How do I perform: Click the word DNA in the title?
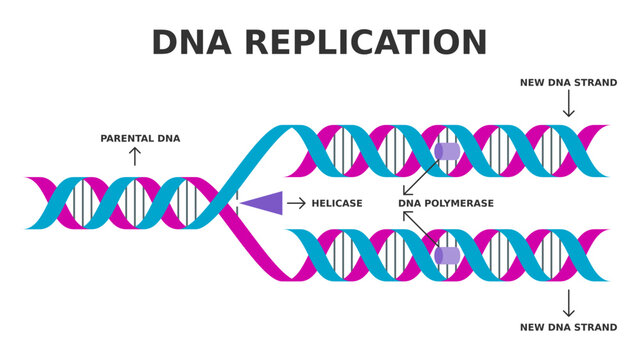[x=191, y=43]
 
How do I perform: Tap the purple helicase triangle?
[x=261, y=203]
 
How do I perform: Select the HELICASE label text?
[x=336, y=204]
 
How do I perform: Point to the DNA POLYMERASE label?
[x=446, y=204]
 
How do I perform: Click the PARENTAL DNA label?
[x=140, y=139]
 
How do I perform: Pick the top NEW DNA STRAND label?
[x=568, y=83]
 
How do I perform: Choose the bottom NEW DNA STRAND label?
[x=568, y=327]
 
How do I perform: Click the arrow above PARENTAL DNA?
[x=135, y=156]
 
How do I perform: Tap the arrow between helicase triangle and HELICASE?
[x=296, y=203]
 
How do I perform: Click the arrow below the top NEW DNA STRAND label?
[x=568, y=103]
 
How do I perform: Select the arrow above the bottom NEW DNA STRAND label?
[x=568, y=303]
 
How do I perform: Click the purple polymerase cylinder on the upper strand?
[x=447, y=151]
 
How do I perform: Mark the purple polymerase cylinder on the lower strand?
[x=447, y=255]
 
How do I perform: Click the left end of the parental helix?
[x=31, y=203]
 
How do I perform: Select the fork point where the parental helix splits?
[x=231, y=203]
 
